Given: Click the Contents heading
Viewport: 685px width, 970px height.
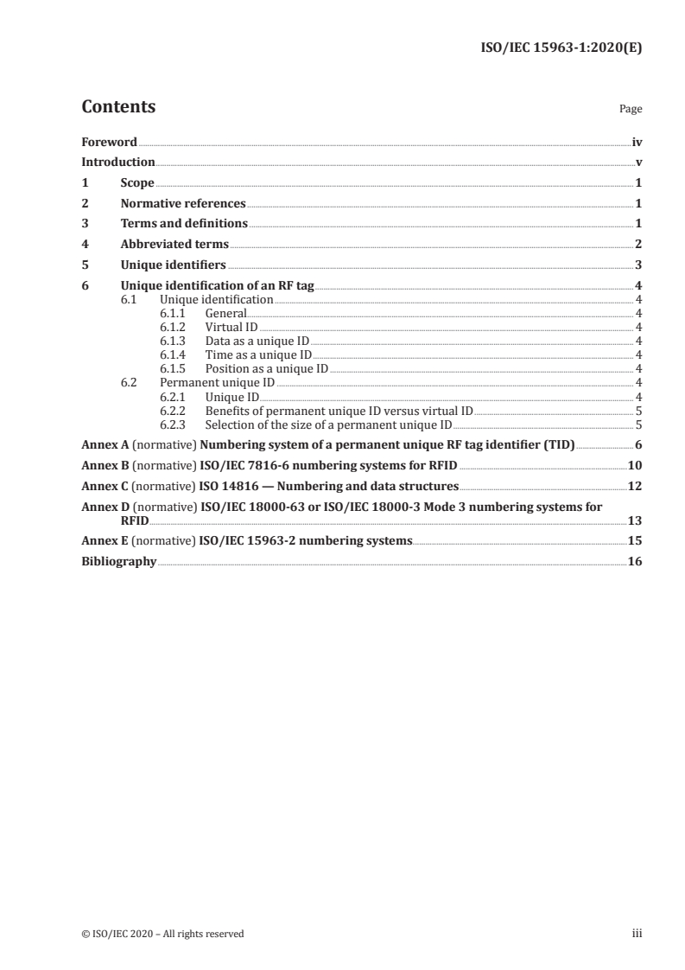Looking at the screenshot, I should [x=118, y=107].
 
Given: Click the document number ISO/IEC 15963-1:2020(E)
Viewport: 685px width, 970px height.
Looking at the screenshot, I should [x=560, y=49].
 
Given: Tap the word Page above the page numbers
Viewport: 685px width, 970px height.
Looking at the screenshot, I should [x=631, y=110].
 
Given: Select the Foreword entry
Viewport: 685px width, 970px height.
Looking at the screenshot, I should [x=109, y=142].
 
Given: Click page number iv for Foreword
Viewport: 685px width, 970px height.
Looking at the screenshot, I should [x=636, y=142].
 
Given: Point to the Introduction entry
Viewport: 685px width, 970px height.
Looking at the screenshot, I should [x=118, y=162].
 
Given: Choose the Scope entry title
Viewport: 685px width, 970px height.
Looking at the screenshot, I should [x=137, y=183].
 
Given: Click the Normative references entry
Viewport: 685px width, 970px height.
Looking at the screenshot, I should [x=183, y=204].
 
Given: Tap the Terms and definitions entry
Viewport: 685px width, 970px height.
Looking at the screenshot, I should [x=184, y=224].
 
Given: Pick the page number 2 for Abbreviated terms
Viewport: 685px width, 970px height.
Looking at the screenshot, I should [x=637, y=245].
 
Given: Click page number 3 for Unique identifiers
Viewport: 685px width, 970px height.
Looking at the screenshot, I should [x=637, y=265].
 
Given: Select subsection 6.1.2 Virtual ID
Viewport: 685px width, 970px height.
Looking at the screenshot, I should [x=231, y=327].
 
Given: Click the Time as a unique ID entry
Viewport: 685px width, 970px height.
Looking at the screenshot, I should [x=258, y=354].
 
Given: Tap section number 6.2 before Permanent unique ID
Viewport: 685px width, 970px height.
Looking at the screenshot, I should [x=129, y=382].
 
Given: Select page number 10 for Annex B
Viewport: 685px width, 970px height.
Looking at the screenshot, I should [x=635, y=465].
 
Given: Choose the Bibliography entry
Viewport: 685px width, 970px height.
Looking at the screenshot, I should [x=118, y=561].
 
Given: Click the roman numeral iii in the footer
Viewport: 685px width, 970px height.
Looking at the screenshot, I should [x=637, y=933].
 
